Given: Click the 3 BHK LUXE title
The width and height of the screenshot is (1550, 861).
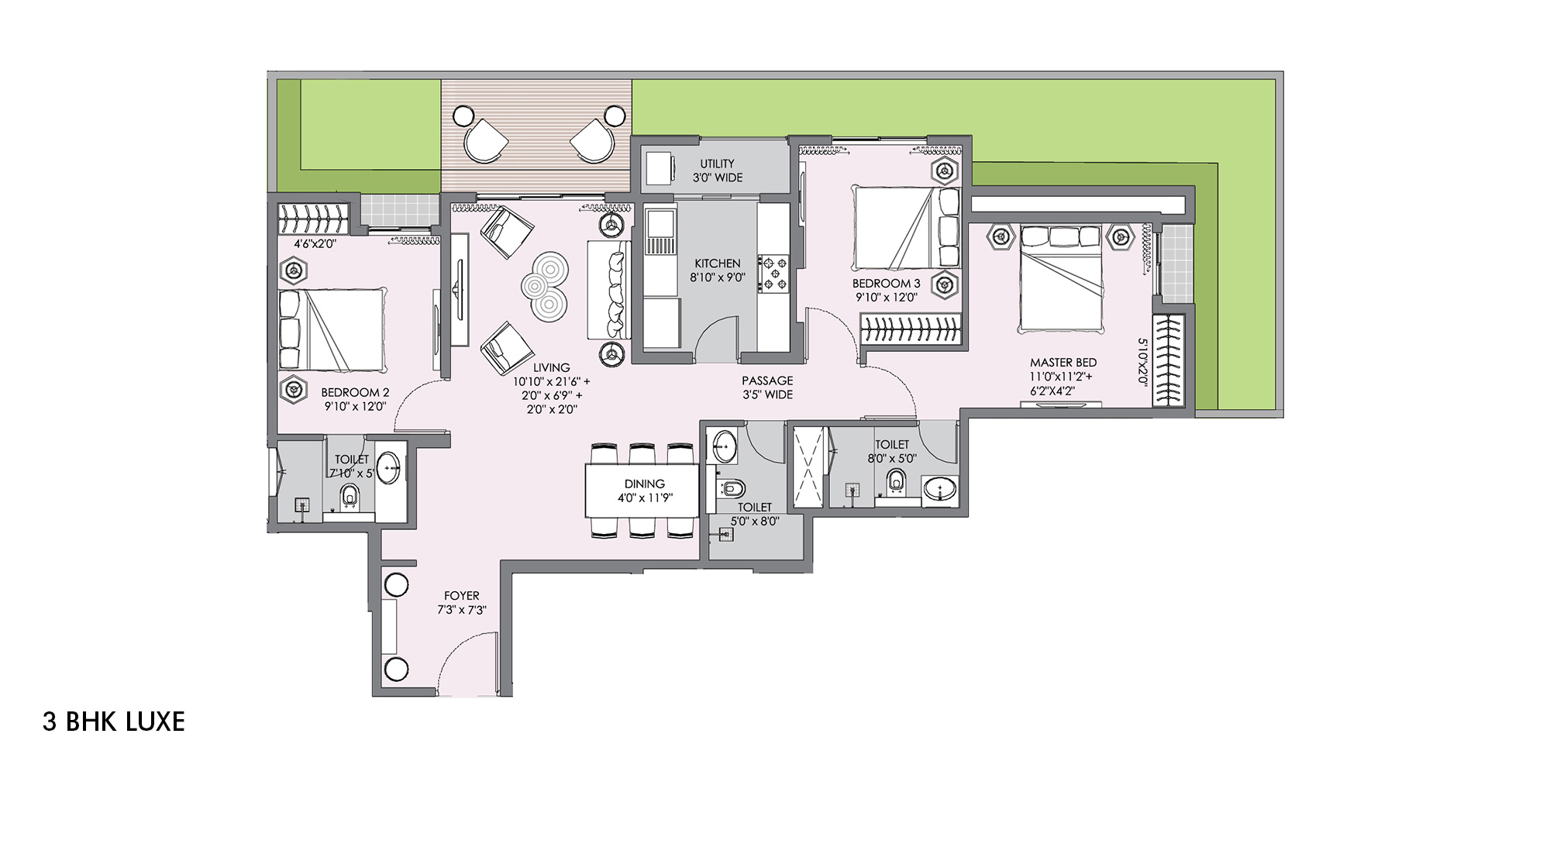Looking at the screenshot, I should (114, 722).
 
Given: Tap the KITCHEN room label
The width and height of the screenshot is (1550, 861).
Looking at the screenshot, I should (717, 263).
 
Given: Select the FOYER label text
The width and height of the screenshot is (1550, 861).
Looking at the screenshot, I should (462, 596).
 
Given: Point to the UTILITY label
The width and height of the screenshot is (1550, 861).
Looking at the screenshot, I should (717, 164).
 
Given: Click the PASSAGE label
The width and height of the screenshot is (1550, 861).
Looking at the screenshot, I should (767, 381).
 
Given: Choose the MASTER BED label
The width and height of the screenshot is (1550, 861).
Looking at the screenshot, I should (1063, 363).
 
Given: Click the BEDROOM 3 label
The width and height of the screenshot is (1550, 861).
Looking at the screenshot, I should (886, 284).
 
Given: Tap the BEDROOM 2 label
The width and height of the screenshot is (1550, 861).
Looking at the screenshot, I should (355, 393).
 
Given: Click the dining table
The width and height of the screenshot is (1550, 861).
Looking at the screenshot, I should (642, 490).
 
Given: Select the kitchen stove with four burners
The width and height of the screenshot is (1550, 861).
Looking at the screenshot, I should (774, 274).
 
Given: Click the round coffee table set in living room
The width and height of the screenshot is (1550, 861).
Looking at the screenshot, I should (545, 285).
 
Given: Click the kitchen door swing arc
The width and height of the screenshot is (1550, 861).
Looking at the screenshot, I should (717, 337).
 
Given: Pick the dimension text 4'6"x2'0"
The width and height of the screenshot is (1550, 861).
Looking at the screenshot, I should (315, 244).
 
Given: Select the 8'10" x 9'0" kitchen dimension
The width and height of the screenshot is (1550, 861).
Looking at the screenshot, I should (717, 277).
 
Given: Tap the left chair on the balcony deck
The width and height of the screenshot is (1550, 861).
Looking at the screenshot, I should (485, 140).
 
